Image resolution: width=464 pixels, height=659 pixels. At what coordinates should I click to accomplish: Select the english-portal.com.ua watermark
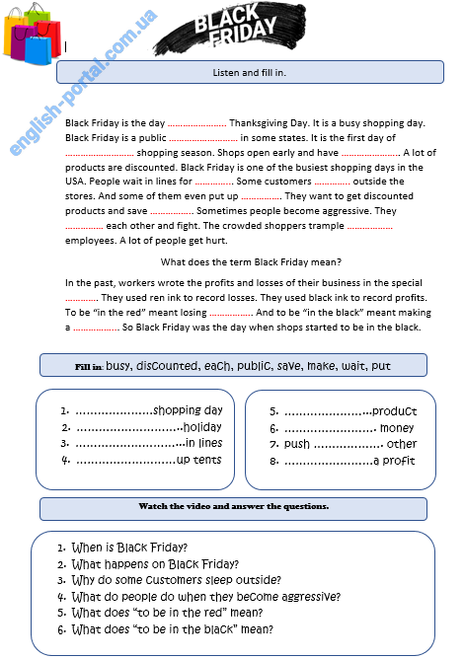[84, 84]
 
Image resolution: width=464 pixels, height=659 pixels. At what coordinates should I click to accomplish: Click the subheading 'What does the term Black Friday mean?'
[251, 261]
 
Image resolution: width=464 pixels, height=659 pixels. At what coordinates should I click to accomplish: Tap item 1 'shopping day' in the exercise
[141, 410]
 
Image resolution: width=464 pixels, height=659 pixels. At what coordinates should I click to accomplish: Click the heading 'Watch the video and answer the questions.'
[234, 506]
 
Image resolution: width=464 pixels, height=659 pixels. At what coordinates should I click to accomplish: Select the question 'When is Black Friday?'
[122, 547]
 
